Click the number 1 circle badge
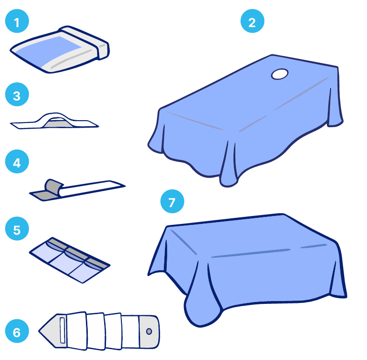[x=17, y=21]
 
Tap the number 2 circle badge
[x=252, y=21]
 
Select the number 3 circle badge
[x=17, y=94]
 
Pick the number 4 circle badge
[x=17, y=161]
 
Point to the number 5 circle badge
[x=17, y=229]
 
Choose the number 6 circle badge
[x=17, y=331]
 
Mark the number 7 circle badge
[x=172, y=202]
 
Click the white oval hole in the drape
[x=280, y=74]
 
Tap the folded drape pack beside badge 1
[x=60, y=50]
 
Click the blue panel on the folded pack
[x=49, y=51]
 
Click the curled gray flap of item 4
[x=53, y=187]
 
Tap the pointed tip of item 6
[x=39, y=331]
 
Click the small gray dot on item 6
[x=149, y=331]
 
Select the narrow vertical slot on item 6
[x=63, y=331]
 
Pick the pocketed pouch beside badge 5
[x=70, y=260]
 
